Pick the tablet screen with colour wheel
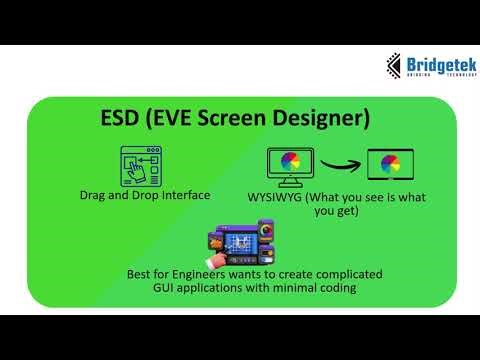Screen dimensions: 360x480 click(x=391, y=165)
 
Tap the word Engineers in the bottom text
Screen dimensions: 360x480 click(x=211, y=273)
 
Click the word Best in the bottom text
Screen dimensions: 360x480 click(x=142, y=273)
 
